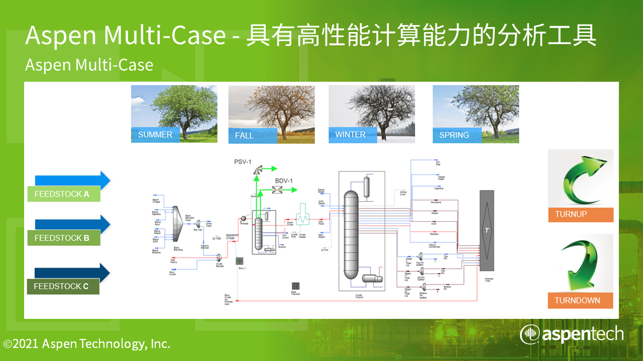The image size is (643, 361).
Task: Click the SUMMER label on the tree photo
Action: [155, 134]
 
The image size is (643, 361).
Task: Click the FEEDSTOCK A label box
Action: [63, 194]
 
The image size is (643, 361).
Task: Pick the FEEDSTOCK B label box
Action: [63, 238]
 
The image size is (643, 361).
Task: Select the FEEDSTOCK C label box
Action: [63, 286]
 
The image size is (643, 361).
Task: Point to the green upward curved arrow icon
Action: [581, 178]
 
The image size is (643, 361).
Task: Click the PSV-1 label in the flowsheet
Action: [243, 162]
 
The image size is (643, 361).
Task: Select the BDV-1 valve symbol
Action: [276, 190]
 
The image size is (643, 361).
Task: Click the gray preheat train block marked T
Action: [486, 230]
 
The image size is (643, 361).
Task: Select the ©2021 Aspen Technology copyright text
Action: [87, 344]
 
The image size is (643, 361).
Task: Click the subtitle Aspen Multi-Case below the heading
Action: [89, 65]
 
